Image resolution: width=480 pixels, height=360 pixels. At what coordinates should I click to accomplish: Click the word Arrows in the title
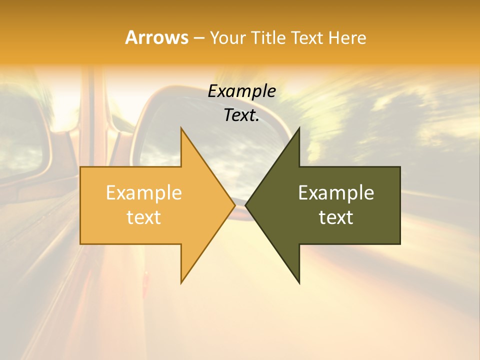click(x=156, y=38)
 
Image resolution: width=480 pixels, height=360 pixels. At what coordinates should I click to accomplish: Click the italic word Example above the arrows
click(x=241, y=91)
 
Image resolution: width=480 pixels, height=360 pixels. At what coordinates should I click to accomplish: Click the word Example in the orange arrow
click(x=143, y=192)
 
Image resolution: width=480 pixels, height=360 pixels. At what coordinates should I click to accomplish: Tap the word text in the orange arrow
click(x=143, y=217)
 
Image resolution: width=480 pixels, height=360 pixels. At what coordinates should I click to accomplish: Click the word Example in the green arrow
click(x=336, y=192)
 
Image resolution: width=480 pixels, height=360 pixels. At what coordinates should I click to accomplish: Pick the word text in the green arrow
click(x=336, y=217)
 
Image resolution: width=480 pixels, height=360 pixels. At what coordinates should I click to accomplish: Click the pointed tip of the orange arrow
click(x=235, y=205)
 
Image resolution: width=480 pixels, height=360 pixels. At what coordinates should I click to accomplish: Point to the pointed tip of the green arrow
click(x=245, y=205)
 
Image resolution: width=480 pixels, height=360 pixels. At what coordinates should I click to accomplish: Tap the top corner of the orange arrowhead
click(x=181, y=127)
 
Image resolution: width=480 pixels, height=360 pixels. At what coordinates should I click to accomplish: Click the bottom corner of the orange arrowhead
click(x=181, y=283)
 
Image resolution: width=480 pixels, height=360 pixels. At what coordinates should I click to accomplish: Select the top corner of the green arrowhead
click(x=299, y=127)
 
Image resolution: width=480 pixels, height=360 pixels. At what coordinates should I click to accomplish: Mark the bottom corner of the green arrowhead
click(x=299, y=283)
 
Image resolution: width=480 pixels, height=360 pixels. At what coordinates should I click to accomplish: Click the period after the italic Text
click(x=257, y=120)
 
